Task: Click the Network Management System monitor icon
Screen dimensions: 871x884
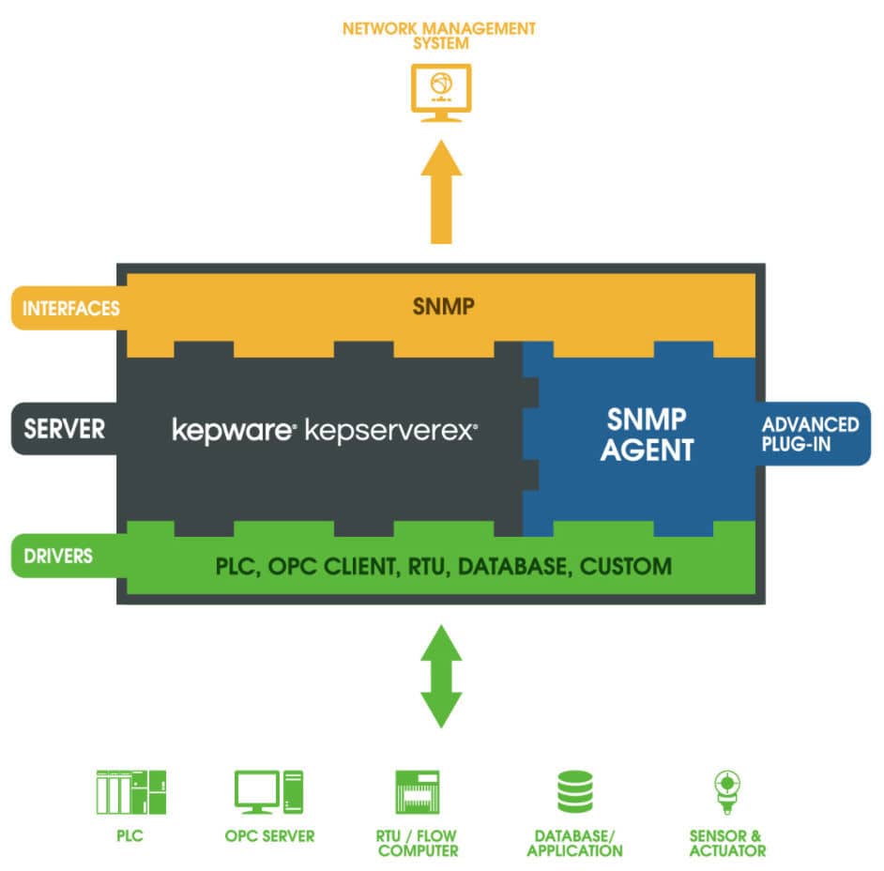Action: pos(439,93)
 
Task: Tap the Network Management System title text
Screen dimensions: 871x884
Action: pos(439,36)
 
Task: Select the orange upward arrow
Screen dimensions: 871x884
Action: pos(439,192)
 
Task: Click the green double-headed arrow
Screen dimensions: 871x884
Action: pos(439,676)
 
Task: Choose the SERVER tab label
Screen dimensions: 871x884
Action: pos(65,429)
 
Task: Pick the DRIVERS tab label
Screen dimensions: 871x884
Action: pos(58,556)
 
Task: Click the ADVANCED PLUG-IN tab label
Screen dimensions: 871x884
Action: pos(810,434)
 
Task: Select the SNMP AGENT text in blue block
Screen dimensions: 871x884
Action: pos(647,435)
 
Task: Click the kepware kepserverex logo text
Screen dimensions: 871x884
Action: pos(325,430)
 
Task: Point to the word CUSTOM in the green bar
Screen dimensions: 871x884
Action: pos(626,567)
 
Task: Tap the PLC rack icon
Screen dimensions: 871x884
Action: pos(130,791)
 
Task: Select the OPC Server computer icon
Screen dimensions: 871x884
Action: pos(268,791)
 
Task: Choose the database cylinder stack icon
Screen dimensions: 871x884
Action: pos(574,791)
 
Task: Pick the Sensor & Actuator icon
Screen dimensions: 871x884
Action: pos(724,791)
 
